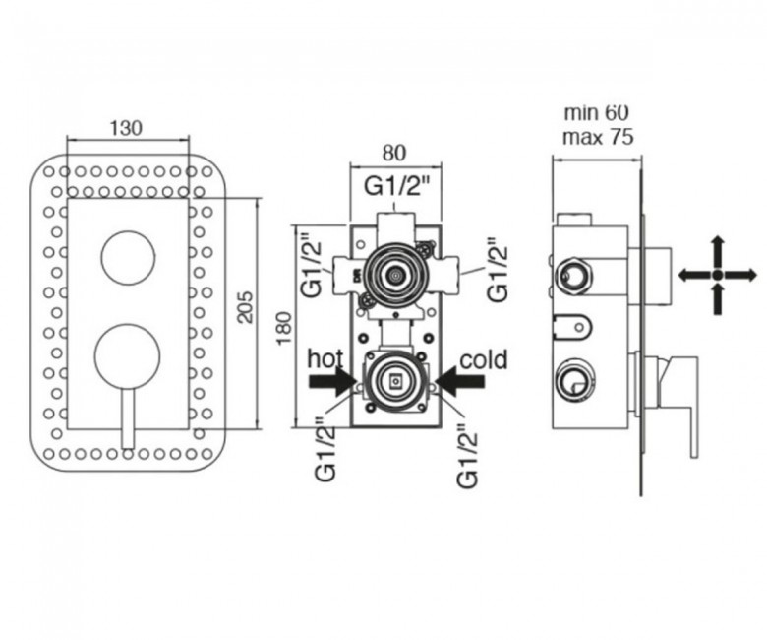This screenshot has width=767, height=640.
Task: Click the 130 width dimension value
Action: [x=126, y=128]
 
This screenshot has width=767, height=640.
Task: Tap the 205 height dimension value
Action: [x=246, y=307]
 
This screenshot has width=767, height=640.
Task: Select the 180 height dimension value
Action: [x=284, y=328]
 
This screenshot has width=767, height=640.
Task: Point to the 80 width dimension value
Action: [x=394, y=153]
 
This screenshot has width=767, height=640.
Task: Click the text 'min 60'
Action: [x=596, y=113]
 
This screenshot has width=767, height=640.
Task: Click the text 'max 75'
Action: [x=598, y=137]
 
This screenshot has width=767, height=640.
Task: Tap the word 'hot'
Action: [x=325, y=359]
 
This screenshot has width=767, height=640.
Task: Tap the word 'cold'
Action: [x=483, y=360]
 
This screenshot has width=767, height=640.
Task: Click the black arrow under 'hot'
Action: [x=332, y=382]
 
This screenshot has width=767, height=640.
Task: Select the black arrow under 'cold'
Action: [x=460, y=382]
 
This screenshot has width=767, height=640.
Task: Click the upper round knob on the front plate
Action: [x=128, y=257]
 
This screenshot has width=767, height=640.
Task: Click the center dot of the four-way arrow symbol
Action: [x=717, y=275]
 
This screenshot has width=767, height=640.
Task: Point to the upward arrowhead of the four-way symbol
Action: [x=717, y=244]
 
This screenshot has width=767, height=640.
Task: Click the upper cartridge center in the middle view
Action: [x=394, y=276]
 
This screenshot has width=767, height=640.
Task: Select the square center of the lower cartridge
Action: [x=394, y=380]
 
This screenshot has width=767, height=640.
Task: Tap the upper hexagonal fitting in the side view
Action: [x=575, y=277]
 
